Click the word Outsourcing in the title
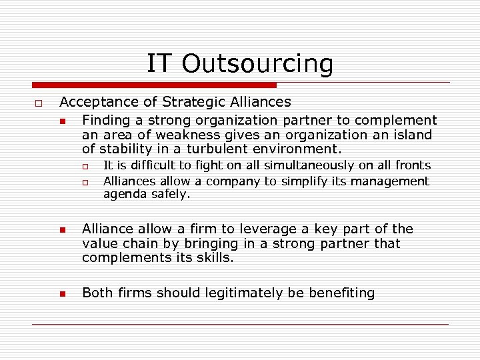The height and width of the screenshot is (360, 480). [257, 64]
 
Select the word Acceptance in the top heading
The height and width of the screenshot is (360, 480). [99, 102]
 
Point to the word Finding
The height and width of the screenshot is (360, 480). [106, 120]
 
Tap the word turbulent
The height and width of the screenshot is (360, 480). [223, 149]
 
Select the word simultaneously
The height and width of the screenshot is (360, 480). [311, 165]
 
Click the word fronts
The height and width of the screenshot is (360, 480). [413, 165]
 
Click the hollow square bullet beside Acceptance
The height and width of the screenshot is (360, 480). [39, 103]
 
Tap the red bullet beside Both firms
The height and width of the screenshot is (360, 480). [61, 294]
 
